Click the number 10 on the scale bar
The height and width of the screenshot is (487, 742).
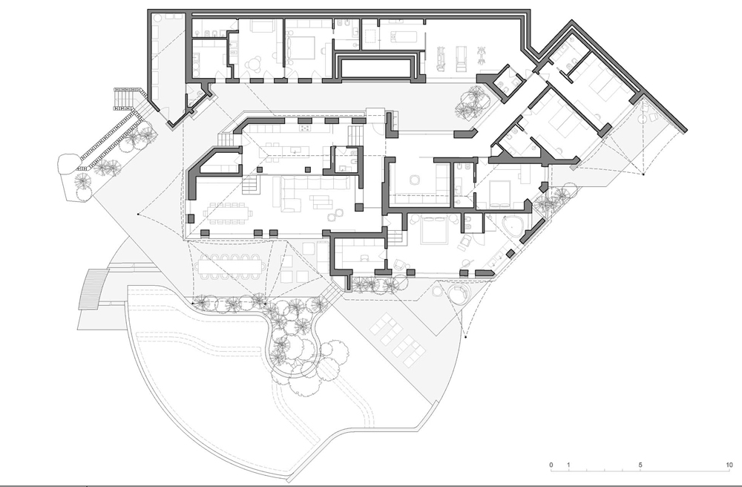(x=730, y=465)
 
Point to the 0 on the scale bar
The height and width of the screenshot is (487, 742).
(x=551, y=465)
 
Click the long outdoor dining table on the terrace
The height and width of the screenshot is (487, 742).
(x=231, y=267)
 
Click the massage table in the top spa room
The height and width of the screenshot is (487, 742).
(x=404, y=36)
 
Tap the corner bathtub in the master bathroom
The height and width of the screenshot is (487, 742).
(x=511, y=226)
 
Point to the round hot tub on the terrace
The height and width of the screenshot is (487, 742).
(x=457, y=294)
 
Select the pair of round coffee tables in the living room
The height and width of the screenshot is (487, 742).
(x=333, y=215)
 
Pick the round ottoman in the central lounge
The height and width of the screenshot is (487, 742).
(x=413, y=180)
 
